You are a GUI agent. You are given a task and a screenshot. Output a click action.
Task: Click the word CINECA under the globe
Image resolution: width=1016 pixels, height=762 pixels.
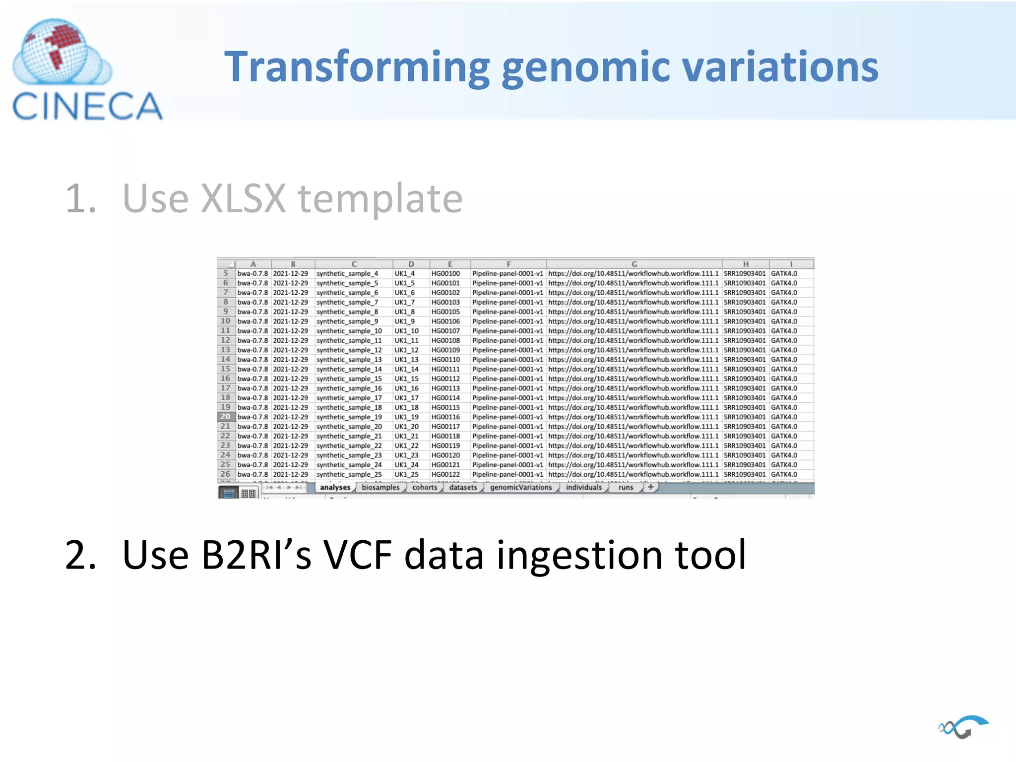pos(87,106)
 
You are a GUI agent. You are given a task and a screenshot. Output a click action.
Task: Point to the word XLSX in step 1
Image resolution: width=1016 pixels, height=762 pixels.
pos(244,198)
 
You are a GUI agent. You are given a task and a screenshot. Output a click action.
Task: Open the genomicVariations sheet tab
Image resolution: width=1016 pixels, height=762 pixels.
pos(520,487)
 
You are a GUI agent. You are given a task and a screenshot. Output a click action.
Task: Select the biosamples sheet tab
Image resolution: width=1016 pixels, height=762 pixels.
pos(380,487)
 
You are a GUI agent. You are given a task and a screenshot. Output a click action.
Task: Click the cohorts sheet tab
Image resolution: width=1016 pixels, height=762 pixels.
pos(425,487)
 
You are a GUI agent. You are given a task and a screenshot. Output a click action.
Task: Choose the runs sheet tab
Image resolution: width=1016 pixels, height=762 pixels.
pos(626,487)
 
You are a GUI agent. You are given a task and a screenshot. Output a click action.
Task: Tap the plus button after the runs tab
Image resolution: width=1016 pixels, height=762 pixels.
pos(650,487)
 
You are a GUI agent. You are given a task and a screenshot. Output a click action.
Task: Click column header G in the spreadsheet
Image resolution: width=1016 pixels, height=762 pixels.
pos(634,264)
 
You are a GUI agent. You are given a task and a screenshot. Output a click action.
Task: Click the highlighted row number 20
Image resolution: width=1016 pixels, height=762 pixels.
pos(226,417)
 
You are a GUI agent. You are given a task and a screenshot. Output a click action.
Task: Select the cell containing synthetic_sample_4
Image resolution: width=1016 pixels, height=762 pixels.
pos(347,273)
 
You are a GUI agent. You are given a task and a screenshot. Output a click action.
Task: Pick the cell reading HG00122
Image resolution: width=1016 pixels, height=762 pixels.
pos(445,474)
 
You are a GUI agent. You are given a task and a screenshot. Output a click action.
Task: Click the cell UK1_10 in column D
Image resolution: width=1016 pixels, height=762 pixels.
pos(406,331)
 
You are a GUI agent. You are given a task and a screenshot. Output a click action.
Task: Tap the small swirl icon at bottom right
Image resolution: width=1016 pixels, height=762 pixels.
pos(962,727)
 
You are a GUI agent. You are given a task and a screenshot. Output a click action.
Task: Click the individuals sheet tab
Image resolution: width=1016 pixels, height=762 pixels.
pos(583,487)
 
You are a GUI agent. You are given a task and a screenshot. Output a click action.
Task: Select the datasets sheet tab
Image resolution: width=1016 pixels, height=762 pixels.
pos(463,487)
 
